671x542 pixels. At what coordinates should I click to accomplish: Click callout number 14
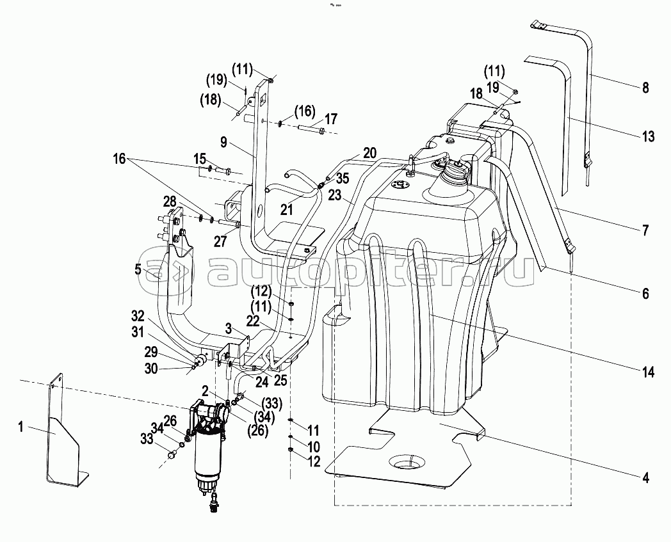point(649,372)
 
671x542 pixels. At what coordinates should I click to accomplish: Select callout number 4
point(645,477)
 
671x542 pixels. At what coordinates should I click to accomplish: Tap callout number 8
point(645,88)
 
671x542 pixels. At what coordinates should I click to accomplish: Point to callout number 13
point(649,136)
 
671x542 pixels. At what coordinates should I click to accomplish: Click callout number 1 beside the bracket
point(20,427)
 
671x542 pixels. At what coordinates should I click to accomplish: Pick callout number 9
point(224,143)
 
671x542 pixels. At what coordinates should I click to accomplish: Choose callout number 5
point(138,269)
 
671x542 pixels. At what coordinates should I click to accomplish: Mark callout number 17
point(331,119)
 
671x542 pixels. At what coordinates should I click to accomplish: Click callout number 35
point(343,178)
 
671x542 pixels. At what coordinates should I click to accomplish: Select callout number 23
point(335,195)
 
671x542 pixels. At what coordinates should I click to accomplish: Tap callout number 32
point(138,316)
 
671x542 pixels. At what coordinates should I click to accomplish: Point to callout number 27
point(220,242)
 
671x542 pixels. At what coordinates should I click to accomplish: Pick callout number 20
point(369,153)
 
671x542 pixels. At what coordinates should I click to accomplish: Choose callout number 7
point(645,230)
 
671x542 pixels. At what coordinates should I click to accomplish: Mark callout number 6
point(645,294)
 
